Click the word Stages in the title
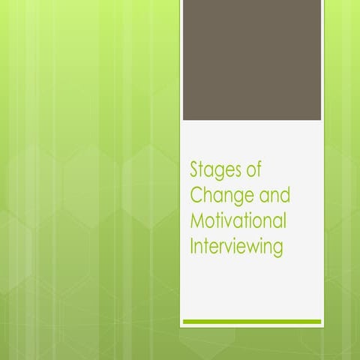click(x=214, y=170)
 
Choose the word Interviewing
click(x=237, y=245)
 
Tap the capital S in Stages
click(x=195, y=169)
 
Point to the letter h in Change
click(x=209, y=195)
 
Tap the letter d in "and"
click(x=285, y=195)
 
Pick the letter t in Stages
click(x=204, y=170)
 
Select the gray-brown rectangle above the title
click(x=252, y=60)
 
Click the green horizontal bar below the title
click(x=252, y=322)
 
